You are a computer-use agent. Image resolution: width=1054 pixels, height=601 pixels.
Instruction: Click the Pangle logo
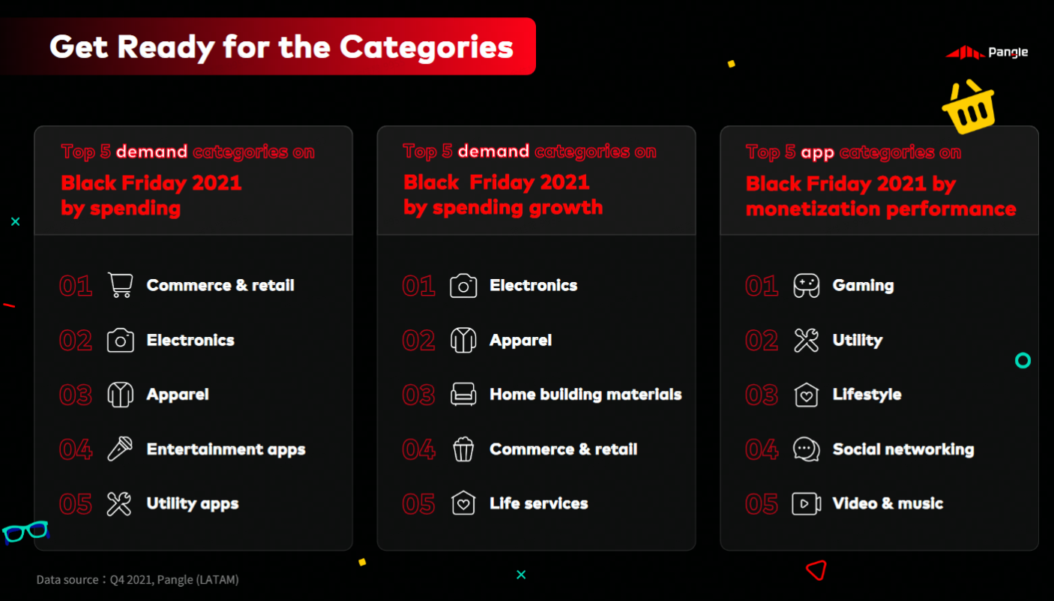click(987, 53)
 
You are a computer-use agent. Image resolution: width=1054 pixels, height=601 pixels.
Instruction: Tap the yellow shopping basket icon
click(970, 108)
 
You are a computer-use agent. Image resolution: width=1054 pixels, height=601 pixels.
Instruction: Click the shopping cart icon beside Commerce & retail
click(120, 285)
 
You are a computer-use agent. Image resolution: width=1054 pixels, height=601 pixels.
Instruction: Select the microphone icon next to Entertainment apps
click(120, 449)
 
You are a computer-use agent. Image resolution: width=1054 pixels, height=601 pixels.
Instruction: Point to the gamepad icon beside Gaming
click(806, 285)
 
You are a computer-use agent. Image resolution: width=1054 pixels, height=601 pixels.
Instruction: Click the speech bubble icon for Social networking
click(806, 449)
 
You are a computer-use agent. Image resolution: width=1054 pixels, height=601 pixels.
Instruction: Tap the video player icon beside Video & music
click(806, 503)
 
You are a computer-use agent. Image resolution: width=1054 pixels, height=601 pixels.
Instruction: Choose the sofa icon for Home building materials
click(463, 394)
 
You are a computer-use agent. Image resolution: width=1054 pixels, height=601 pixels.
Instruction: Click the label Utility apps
click(193, 503)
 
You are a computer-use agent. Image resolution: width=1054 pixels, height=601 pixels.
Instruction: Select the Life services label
click(539, 503)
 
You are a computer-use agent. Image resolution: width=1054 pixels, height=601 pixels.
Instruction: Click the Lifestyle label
click(867, 394)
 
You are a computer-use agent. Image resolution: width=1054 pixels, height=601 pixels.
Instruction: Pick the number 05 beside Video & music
click(762, 503)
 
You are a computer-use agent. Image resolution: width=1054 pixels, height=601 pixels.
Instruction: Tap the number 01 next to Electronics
click(418, 285)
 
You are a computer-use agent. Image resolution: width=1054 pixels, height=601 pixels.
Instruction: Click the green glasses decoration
click(25, 532)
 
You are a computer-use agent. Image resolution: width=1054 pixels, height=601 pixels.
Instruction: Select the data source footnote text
click(137, 579)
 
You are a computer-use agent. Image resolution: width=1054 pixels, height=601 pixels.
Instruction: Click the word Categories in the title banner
click(427, 47)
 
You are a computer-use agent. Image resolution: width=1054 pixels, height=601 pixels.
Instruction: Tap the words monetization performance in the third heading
click(881, 209)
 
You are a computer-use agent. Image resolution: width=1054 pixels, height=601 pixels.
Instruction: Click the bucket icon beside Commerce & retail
click(463, 449)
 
